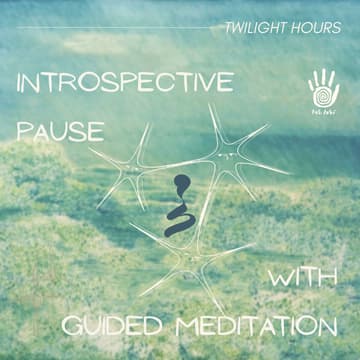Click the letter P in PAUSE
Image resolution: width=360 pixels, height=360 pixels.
tap(24, 130)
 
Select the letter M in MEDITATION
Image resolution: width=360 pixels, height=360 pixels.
tap(176, 326)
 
